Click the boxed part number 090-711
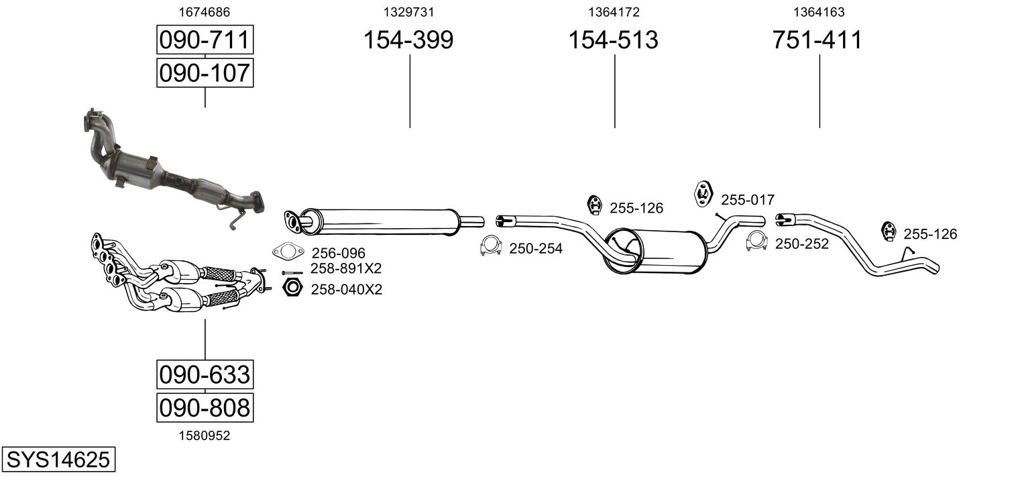tap(205, 40)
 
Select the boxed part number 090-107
tap(205, 72)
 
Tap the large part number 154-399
tap(408, 40)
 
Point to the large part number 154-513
tap(614, 40)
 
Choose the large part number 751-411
tap(817, 40)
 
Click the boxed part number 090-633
tap(205, 374)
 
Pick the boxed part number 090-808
tap(205, 407)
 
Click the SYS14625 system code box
tap(58, 460)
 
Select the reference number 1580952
tap(204, 435)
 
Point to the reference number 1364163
tap(819, 11)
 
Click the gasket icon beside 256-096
tap(288, 252)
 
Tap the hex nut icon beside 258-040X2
tap(292, 288)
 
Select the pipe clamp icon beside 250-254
tap(492, 247)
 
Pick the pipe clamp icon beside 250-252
tap(757, 242)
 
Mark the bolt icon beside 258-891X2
tap(292, 272)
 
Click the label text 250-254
tap(536, 249)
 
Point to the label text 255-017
tap(748, 200)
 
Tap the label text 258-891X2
tap(345, 269)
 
